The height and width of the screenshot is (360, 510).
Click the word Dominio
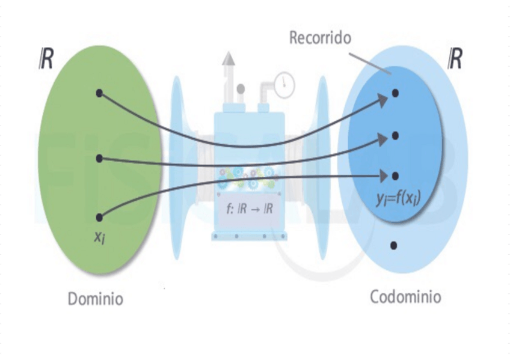(96, 299)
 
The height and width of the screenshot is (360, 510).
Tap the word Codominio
(405, 297)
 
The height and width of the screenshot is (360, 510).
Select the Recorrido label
(320, 38)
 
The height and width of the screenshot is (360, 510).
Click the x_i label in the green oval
(100, 236)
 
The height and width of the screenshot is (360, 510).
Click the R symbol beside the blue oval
(455, 59)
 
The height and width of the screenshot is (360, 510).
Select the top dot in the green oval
(99, 93)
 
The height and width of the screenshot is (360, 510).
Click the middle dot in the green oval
(99, 159)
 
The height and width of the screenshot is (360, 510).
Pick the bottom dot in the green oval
(99, 217)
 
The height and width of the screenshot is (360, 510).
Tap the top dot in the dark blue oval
(395, 93)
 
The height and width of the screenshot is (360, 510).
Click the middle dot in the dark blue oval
(395, 136)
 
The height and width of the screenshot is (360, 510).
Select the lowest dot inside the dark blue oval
(395, 176)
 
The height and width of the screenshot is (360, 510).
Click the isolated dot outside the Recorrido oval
(393, 245)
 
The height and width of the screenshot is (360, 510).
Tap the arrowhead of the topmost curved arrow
(382, 101)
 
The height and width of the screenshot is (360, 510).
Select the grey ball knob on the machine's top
(241, 89)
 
